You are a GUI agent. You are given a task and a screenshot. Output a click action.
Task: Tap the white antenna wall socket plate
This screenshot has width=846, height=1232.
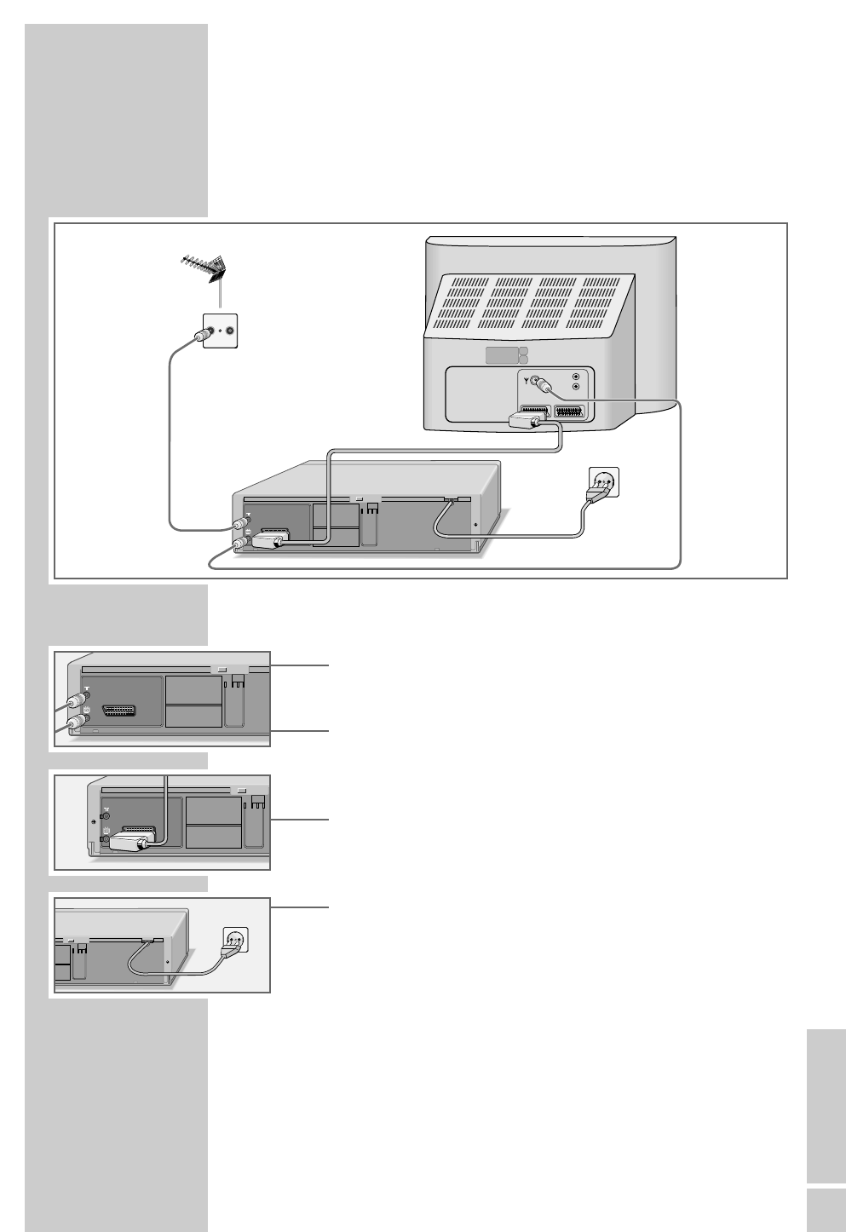tap(219, 331)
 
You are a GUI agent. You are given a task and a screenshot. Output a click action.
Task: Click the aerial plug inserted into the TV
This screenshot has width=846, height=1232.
tap(540, 384)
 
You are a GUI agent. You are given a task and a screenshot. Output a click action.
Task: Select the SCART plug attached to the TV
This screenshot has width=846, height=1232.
tap(529, 418)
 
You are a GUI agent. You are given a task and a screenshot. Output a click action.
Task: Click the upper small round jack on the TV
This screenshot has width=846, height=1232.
tap(578, 376)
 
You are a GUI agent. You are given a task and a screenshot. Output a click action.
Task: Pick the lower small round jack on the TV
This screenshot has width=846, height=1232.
tap(578, 387)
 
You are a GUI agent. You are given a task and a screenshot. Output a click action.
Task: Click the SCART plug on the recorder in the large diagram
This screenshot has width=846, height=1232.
tap(272, 540)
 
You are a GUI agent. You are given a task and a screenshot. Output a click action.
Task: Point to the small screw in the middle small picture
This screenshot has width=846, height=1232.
tap(92, 821)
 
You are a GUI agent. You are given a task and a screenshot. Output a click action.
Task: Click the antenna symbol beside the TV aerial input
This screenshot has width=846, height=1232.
tap(527, 382)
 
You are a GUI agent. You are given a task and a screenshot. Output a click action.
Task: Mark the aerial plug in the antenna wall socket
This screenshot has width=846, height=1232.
tap(201, 335)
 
